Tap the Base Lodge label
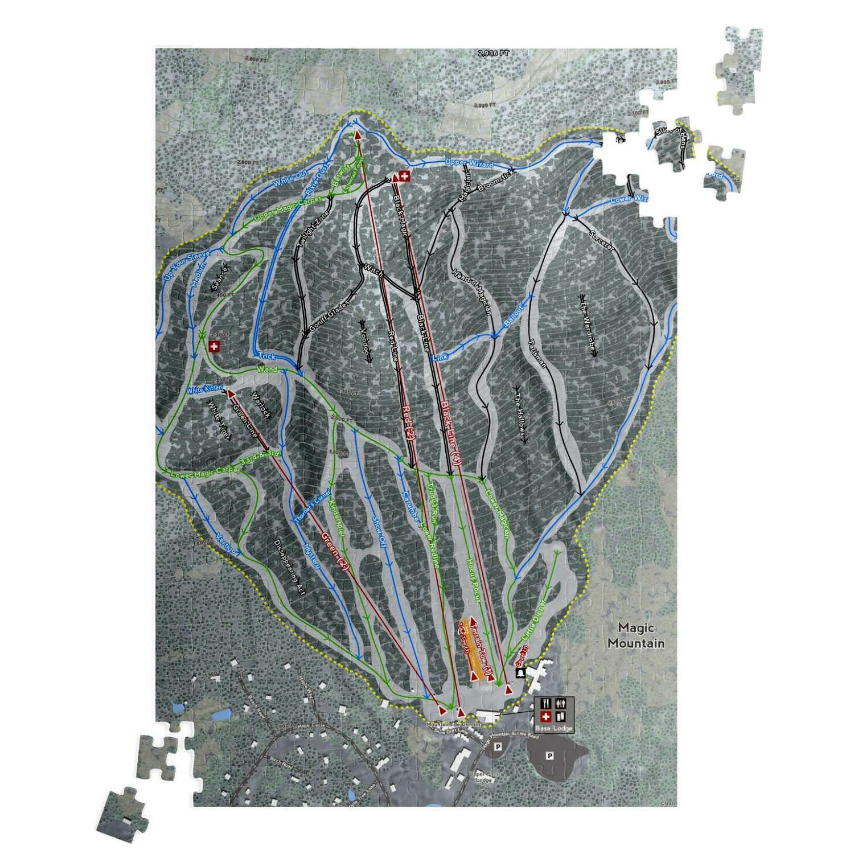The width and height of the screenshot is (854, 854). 553,728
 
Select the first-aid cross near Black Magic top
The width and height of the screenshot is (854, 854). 404,176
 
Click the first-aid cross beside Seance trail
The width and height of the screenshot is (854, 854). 213,346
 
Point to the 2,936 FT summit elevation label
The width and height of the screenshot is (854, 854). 494,53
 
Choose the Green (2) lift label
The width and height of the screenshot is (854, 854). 335,551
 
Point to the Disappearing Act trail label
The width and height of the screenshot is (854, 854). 289,567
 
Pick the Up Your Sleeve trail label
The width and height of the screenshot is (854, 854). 187,265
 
